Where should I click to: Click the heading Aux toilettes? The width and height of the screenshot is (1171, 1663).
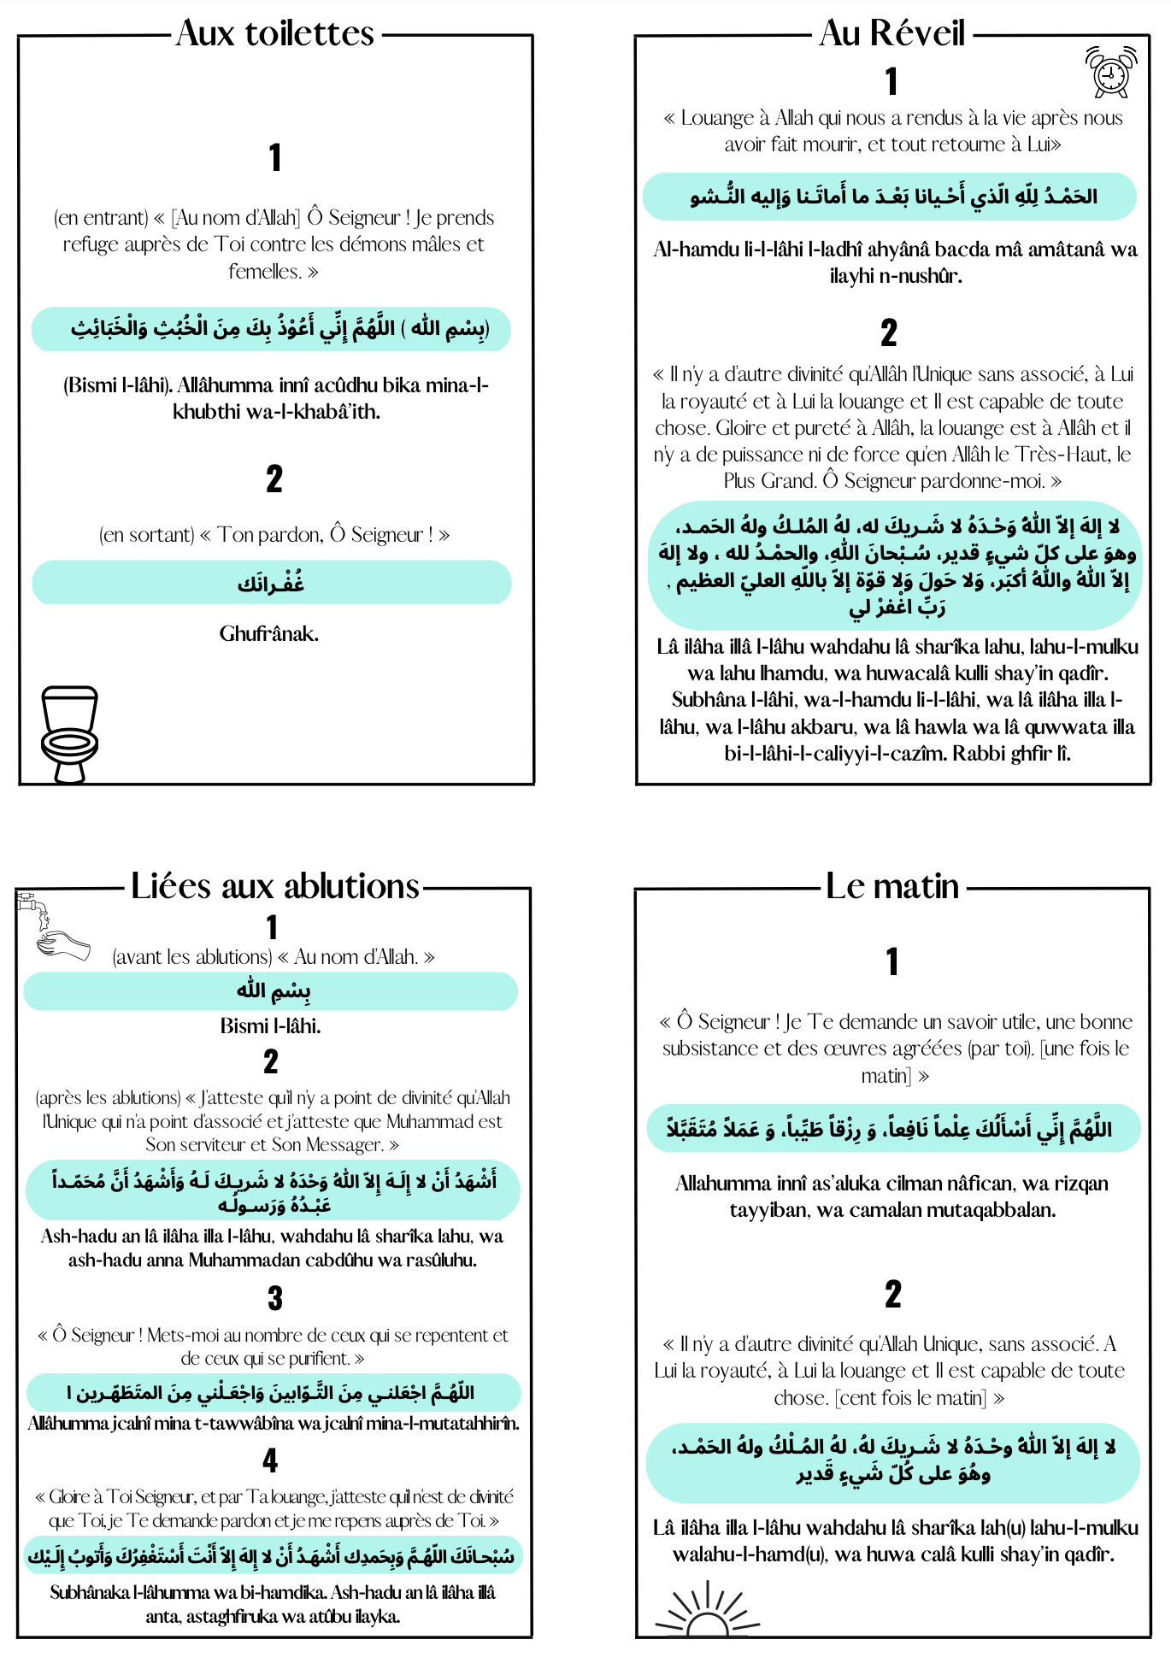point(275,34)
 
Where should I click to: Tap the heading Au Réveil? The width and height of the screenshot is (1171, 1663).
point(891,34)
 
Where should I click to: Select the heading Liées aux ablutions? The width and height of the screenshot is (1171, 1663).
point(275,886)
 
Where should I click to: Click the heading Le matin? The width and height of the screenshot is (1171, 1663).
point(891,886)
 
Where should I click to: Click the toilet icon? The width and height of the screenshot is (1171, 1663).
point(69,734)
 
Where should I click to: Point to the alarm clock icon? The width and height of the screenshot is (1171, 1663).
point(1110,72)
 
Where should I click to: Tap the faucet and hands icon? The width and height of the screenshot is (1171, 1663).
point(53,926)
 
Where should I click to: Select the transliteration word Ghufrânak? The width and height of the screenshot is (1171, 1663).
point(269,634)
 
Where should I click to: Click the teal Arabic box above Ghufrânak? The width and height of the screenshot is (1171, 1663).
point(271,583)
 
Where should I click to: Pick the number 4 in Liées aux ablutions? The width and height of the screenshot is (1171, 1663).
point(271,1460)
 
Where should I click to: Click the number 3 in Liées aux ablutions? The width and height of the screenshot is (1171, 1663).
point(274,1299)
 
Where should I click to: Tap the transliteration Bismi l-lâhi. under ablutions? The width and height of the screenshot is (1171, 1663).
point(271,1026)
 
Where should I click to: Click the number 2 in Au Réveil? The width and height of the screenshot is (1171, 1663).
point(889,332)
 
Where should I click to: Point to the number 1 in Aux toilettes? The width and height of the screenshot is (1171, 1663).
point(274,157)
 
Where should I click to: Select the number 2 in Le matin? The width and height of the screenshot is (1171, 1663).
point(892,1294)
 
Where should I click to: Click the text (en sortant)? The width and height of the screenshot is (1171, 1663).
point(147,536)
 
